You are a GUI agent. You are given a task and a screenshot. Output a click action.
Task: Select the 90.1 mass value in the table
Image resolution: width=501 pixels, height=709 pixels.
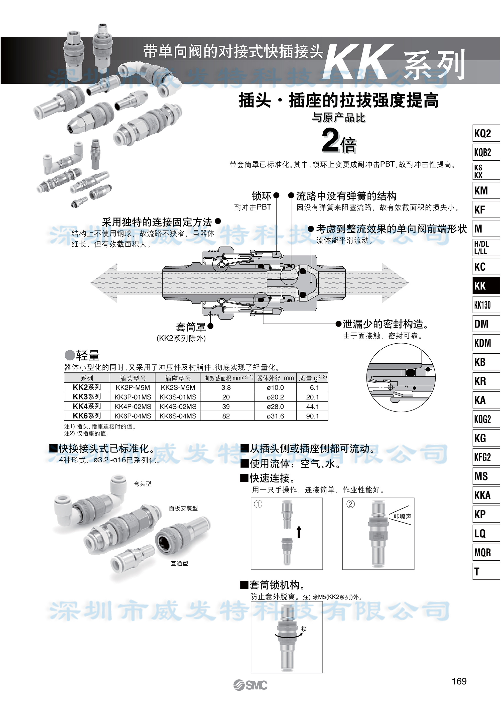point(312,416)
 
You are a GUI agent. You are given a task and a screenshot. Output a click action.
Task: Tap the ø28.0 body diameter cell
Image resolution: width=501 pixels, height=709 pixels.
point(275,407)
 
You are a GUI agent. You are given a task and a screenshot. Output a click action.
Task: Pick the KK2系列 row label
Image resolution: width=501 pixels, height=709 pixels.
point(87,387)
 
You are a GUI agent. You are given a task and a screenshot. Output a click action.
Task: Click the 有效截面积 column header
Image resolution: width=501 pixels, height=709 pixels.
point(228,378)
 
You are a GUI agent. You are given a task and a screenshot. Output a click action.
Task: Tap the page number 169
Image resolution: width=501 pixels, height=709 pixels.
point(459,681)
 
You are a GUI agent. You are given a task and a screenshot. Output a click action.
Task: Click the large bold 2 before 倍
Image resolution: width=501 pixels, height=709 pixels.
point(330,141)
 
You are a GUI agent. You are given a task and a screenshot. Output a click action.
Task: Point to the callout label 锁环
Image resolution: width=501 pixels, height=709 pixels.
point(261,196)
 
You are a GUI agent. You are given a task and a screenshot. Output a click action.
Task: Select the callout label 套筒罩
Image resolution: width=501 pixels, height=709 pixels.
point(190,327)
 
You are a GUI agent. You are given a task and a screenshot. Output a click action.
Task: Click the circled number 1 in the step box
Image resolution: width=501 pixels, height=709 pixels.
point(258,504)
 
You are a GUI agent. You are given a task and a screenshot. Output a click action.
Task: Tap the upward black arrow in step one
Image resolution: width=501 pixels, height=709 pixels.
point(299,532)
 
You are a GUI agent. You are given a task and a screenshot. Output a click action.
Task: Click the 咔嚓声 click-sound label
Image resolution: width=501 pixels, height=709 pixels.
point(402,516)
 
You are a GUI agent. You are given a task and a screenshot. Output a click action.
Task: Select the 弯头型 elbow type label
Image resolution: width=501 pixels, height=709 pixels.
point(142,484)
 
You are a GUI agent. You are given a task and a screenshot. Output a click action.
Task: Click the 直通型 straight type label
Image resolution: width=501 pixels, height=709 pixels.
point(179,563)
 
